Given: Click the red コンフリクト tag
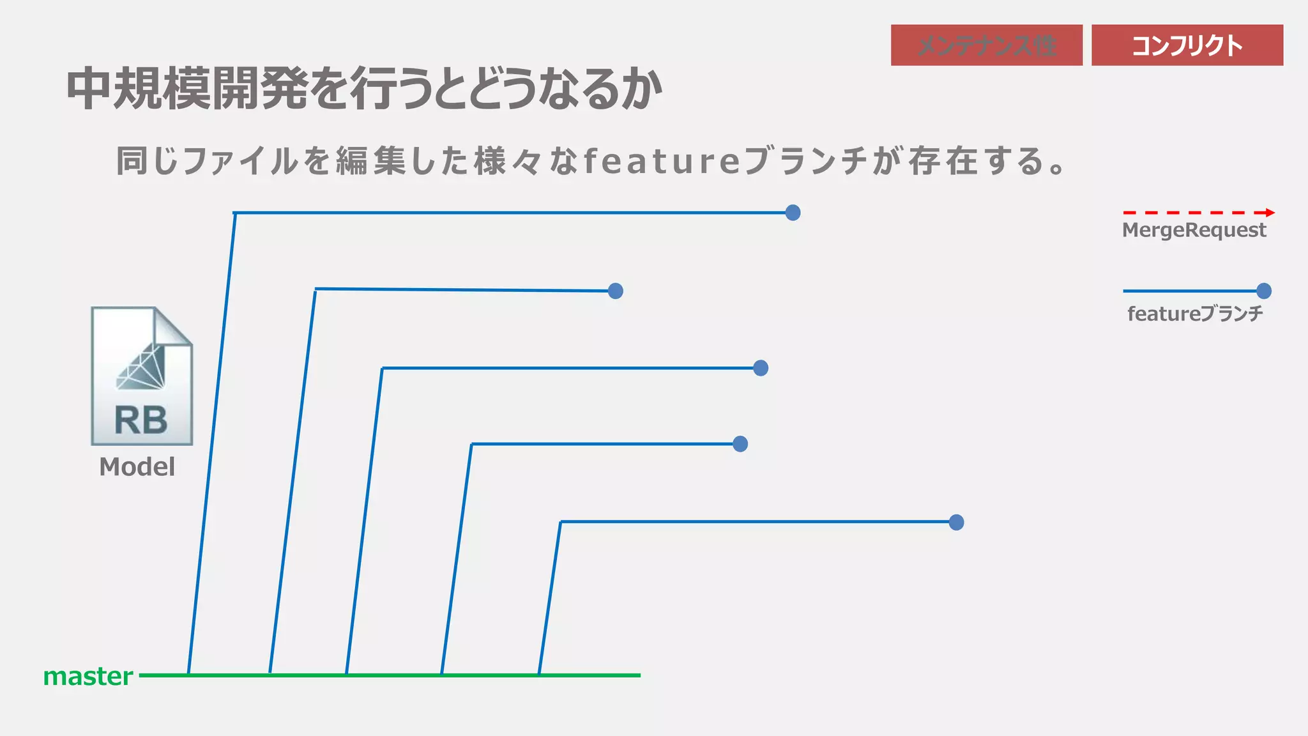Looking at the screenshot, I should tap(1187, 45).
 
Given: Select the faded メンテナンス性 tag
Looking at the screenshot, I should tap(986, 45).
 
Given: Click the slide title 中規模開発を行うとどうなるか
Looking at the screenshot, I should tap(364, 88).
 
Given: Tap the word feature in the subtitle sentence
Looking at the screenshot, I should tap(662, 160).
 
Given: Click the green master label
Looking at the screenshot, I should tap(88, 676).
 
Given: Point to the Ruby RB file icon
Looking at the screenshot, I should tap(141, 376).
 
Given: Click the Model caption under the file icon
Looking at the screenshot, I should tap(137, 467).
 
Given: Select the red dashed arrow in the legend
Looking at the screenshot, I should tap(1198, 213).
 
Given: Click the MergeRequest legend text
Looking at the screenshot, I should tap(1194, 230).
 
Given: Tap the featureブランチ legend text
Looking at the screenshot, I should tap(1195, 314).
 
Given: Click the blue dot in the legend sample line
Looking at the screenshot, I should tap(1263, 291).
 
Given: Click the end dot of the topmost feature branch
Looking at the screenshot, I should tap(793, 213).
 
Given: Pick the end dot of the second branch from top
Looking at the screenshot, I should tap(615, 291).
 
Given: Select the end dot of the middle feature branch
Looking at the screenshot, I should tap(760, 368).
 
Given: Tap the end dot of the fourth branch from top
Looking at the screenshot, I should tap(740, 444).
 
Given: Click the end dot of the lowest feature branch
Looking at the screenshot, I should tap(955, 523).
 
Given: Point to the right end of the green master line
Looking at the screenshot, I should tap(638, 675).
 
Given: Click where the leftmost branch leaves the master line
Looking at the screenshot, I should tap(188, 674).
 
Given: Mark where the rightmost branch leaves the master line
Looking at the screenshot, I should tap(539, 674).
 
